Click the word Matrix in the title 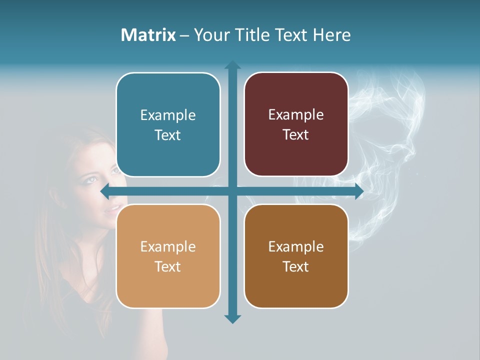point(148,35)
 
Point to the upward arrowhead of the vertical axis point(232,65)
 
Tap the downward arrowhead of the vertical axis point(232,318)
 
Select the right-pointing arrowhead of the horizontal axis point(358,191)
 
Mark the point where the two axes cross point(232,191)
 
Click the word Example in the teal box point(168,115)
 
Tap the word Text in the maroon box point(296,135)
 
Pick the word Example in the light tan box point(168,247)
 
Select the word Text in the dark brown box point(296,266)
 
